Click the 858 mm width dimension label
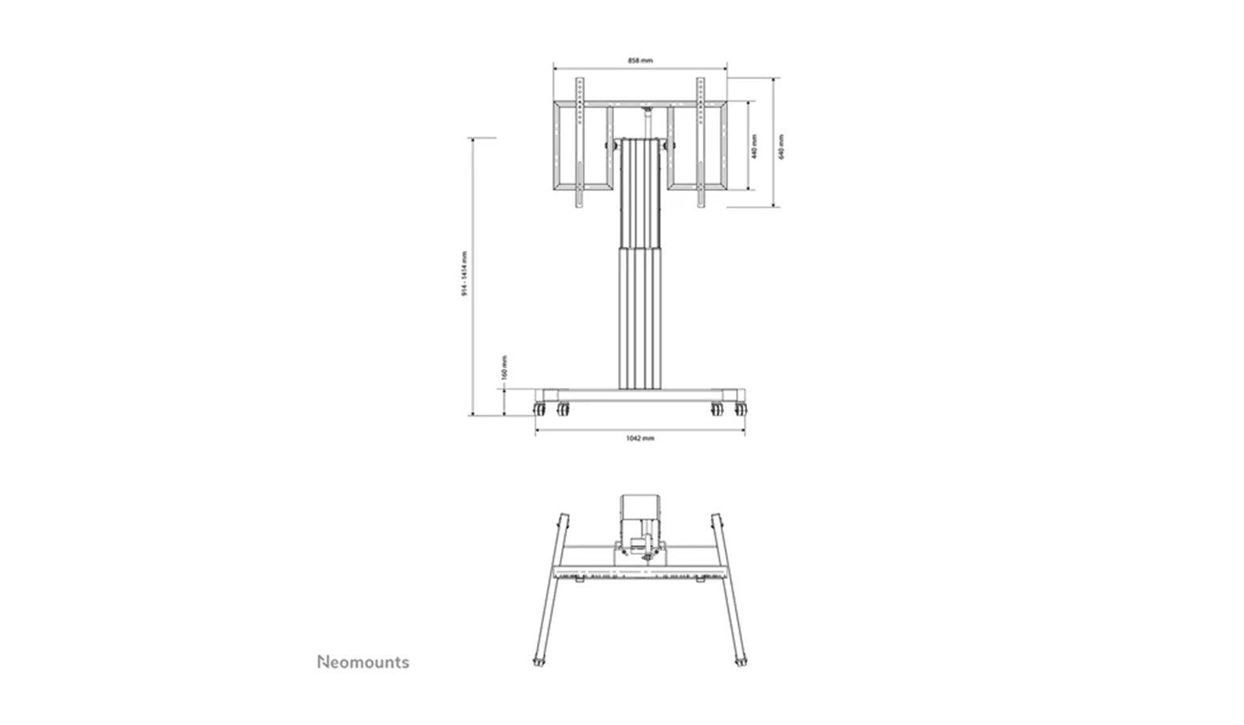coord(640,60)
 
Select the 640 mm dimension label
coord(782,145)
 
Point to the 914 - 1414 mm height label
coord(464,274)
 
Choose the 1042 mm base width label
coord(640,439)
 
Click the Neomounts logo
coord(363,662)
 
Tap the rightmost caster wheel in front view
coord(741,409)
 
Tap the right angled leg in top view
coord(729,589)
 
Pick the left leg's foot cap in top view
coord(536,662)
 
